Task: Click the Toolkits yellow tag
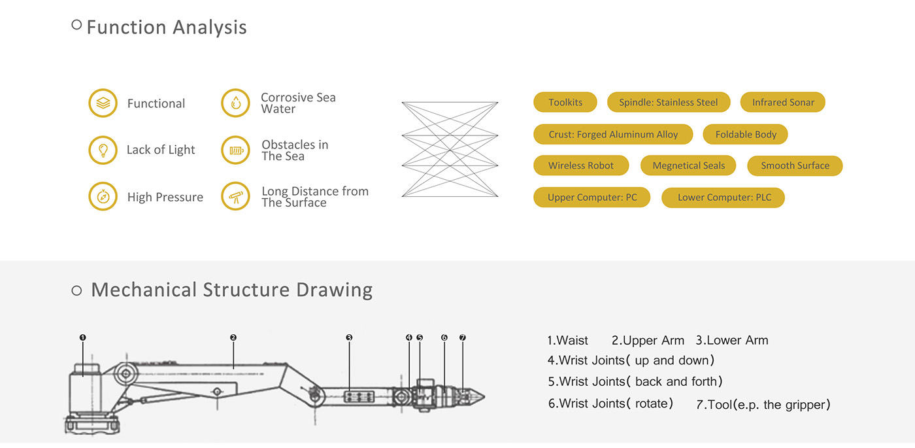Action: [x=565, y=103]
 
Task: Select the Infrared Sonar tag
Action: [x=782, y=103]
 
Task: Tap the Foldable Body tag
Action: [x=745, y=135]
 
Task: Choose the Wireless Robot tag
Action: [x=580, y=166]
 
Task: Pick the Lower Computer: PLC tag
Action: [x=723, y=198]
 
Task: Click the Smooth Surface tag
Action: [x=794, y=166]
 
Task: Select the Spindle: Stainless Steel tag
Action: [x=668, y=103]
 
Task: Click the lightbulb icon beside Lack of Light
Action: [x=103, y=150]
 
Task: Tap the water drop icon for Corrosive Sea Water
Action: [x=235, y=103]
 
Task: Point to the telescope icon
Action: [x=235, y=196]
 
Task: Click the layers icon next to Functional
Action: [x=103, y=103]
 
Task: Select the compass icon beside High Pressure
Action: [x=103, y=196]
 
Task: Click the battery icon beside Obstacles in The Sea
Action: [x=235, y=150]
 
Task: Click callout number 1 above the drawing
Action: [x=82, y=337]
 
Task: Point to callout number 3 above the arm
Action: [x=349, y=337]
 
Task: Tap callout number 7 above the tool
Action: [x=463, y=337]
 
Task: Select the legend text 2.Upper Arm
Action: [x=648, y=341]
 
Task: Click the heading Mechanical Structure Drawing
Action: [x=231, y=290]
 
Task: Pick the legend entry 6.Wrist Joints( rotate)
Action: [x=610, y=404]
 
